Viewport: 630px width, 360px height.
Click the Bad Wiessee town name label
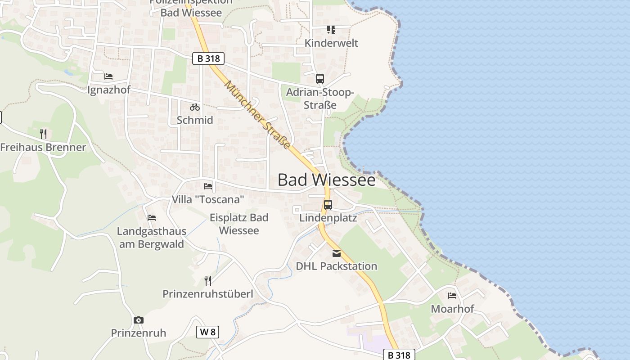click(326, 180)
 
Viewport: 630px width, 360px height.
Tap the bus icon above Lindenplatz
click(328, 205)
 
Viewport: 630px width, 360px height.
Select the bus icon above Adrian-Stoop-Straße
click(320, 79)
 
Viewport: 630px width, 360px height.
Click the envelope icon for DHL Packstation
click(337, 253)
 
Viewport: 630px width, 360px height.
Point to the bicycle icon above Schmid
click(195, 107)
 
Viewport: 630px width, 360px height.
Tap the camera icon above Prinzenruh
click(139, 320)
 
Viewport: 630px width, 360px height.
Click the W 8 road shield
click(208, 333)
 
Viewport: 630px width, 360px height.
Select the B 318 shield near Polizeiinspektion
click(208, 58)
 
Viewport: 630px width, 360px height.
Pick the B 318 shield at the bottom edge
click(399, 355)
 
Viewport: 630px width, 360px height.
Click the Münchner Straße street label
click(258, 114)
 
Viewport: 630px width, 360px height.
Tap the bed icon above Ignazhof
click(108, 76)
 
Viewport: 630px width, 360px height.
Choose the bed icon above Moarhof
click(452, 296)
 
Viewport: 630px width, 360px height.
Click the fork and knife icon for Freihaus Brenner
click(43, 134)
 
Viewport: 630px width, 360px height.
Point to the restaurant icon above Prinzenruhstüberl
click(208, 281)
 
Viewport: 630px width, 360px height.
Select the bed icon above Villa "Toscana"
click(207, 186)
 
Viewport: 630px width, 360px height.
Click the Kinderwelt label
click(331, 43)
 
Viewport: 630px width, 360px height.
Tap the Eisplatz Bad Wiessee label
click(239, 224)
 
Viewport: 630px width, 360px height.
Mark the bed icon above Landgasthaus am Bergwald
click(152, 218)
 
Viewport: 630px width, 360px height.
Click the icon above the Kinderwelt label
click(331, 30)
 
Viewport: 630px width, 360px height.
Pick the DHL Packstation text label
click(337, 266)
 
